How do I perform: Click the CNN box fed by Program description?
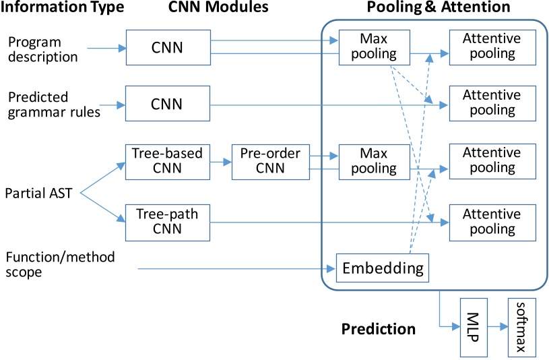(x=168, y=49)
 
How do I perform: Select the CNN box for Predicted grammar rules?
(x=168, y=104)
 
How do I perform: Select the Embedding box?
(x=383, y=268)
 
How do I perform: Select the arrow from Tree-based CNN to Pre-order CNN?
(x=220, y=162)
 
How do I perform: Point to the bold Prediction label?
(x=378, y=329)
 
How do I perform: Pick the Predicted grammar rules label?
(x=54, y=104)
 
